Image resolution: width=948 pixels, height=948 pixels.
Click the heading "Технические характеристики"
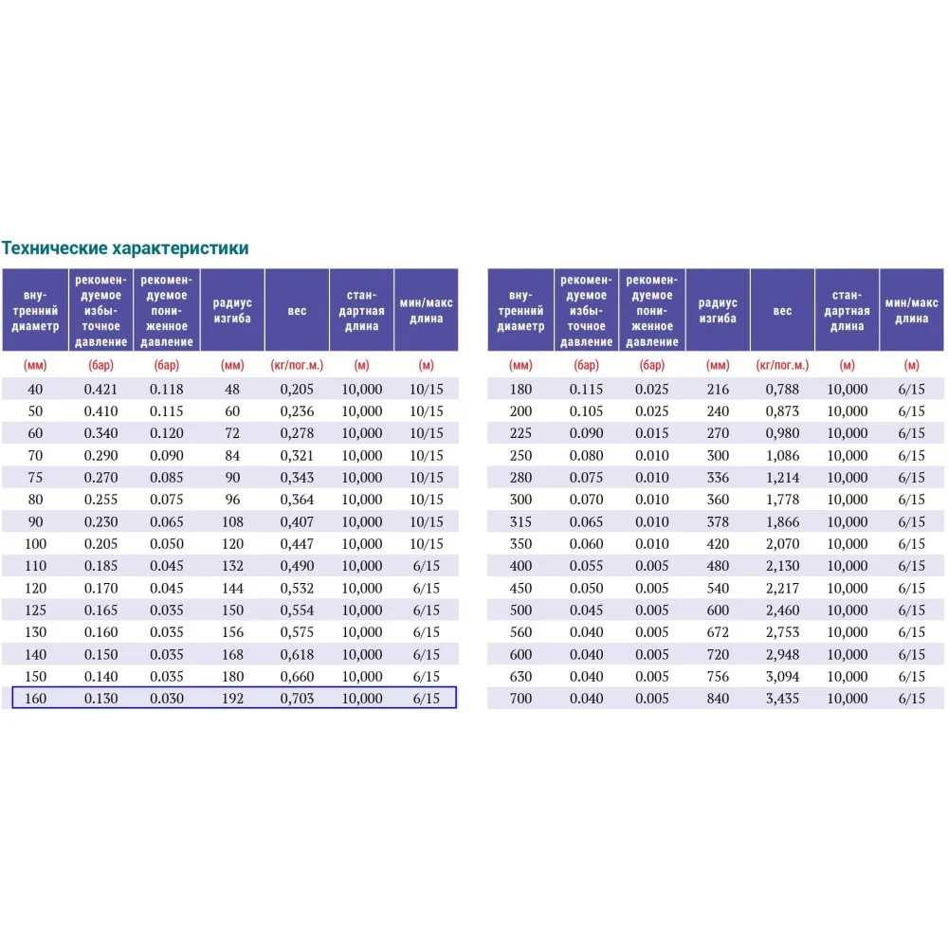click(125, 248)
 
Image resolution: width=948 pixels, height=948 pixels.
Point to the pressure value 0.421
click(101, 389)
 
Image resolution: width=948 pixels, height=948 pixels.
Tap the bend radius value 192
click(232, 699)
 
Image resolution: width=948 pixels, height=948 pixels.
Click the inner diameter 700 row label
click(520, 699)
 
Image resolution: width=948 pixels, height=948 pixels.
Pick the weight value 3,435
click(782, 699)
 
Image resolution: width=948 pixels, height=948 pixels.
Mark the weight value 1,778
click(782, 500)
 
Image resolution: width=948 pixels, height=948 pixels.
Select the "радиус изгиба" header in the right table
click(718, 310)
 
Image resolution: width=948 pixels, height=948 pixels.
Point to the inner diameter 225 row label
click(520, 433)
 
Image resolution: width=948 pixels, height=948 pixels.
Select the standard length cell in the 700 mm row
click(847, 699)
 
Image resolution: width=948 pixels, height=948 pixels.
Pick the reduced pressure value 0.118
click(167, 389)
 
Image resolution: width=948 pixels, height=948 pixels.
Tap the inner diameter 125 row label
click(35, 610)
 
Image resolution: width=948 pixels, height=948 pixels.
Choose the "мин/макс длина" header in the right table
click(911, 310)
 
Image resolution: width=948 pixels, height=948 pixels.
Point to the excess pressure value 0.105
click(587, 411)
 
